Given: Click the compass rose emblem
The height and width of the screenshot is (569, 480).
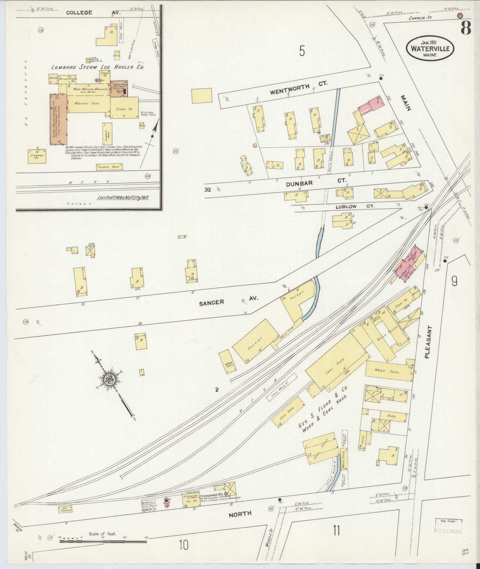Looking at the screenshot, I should [x=109, y=380].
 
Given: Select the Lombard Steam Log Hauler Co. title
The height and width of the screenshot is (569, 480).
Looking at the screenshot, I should [x=97, y=67].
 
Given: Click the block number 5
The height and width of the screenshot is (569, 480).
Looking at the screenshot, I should [x=302, y=52].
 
